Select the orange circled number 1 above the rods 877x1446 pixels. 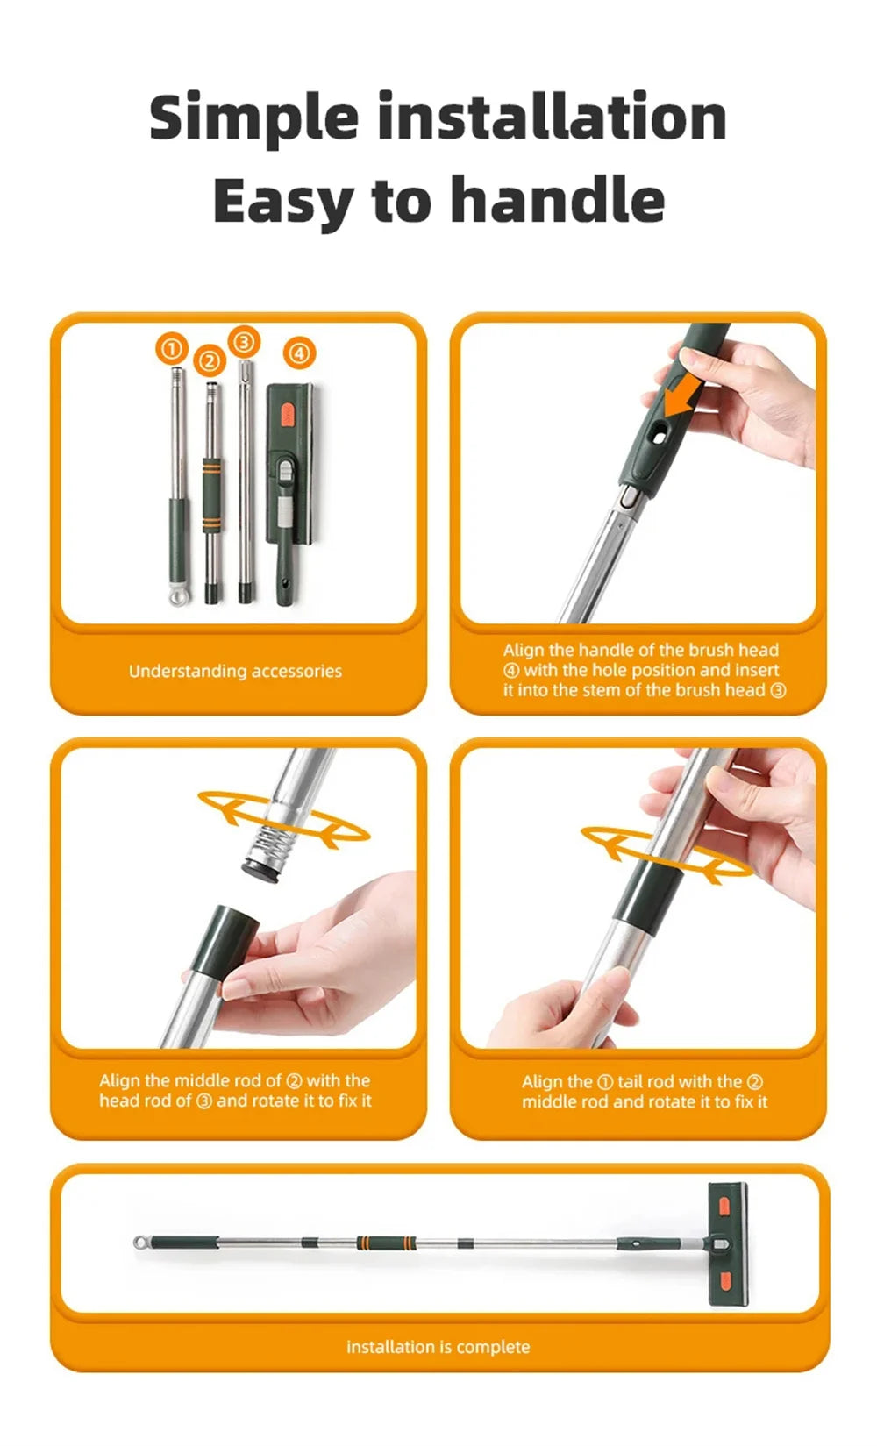click(x=172, y=349)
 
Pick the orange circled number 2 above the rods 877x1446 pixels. click(x=209, y=360)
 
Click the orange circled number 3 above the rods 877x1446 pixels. click(x=244, y=341)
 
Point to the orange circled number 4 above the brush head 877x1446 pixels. click(x=299, y=353)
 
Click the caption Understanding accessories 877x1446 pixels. click(x=235, y=672)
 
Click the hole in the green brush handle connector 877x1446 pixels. click(x=658, y=435)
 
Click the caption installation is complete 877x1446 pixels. click(x=438, y=1347)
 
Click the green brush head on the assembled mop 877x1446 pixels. click(x=727, y=1243)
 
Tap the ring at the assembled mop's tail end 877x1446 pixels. click(x=141, y=1243)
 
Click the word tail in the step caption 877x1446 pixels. click(x=631, y=1082)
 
